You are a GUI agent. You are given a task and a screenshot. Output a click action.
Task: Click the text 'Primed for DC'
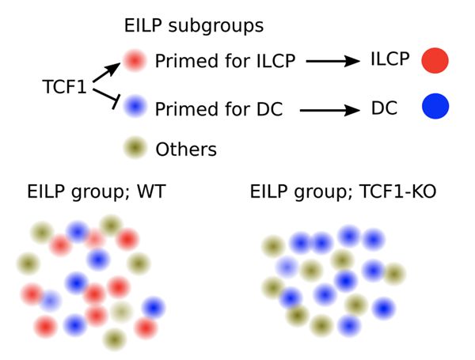coord(218,108)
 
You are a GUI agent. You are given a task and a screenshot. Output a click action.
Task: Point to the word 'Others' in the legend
coord(186,149)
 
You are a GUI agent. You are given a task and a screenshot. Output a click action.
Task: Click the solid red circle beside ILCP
coord(435,60)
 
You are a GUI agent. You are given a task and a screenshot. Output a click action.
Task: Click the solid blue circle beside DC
coord(435,107)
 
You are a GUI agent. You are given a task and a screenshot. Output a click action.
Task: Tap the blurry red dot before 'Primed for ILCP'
coord(135,60)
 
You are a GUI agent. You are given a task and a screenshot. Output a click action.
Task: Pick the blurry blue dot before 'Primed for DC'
coord(135,104)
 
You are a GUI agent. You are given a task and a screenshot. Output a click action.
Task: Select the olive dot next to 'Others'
coord(135,147)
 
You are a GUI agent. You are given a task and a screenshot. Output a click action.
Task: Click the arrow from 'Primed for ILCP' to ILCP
coord(332,62)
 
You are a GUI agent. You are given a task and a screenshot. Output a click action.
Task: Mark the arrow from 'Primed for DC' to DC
coord(329,110)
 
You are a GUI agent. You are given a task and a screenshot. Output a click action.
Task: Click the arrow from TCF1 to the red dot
coord(104,72)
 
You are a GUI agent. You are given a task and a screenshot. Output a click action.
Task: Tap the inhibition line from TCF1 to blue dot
coord(107,98)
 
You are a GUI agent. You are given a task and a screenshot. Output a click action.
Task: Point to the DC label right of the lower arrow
coord(385,109)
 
